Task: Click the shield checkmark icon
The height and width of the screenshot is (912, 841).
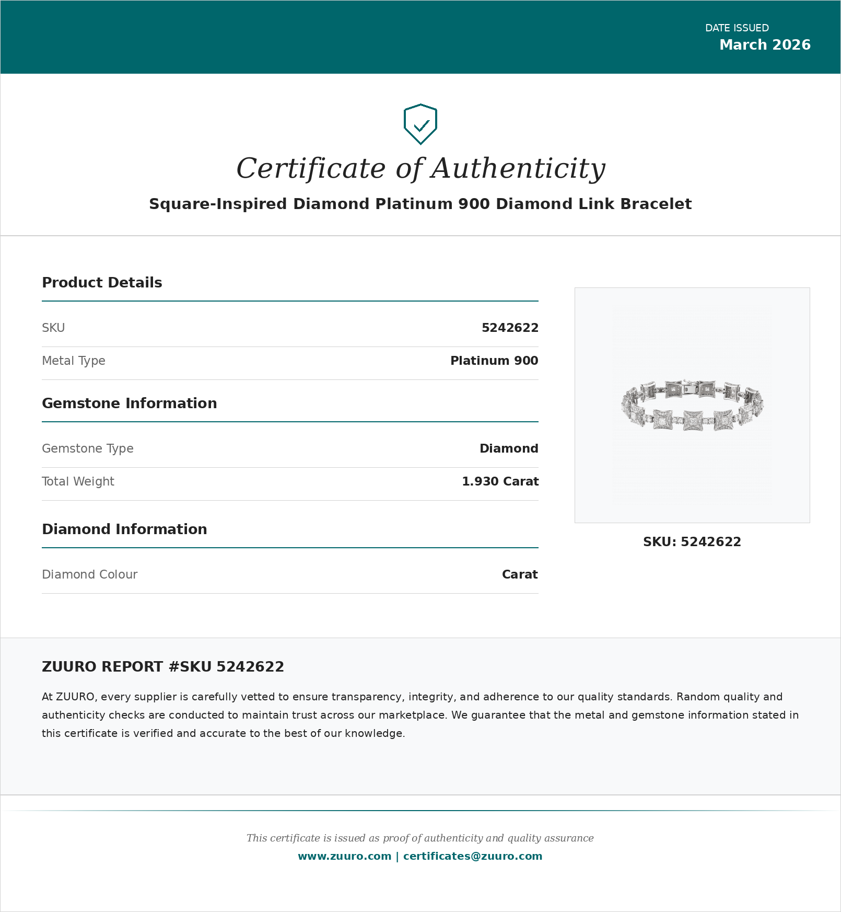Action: pos(420,124)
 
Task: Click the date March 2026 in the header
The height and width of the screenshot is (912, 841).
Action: pos(764,45)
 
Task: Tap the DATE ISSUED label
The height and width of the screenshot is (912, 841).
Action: pos(737,28)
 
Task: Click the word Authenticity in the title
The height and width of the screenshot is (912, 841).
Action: pos(518,169)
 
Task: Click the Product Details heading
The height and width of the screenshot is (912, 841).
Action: pos(102,283)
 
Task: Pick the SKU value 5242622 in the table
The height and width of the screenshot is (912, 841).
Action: pos(509,328)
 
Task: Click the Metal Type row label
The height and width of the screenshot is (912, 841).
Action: pos(74,361)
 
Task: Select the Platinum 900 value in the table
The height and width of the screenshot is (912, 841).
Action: pos(494,361)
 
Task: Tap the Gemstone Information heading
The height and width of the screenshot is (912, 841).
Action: pos(129,403)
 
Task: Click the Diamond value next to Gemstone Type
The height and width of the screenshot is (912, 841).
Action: pos(508,448)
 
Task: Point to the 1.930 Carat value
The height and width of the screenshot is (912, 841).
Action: pos(500,481)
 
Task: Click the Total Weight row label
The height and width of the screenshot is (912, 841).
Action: pos(78,481)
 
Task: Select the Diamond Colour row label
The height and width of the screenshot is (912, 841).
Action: pos(89,574)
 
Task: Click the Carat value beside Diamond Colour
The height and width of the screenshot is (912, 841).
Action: pos(519,574)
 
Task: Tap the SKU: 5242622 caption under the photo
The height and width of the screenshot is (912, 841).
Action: pos(692,542)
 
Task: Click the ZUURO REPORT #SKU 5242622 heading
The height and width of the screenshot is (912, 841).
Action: pos(163,667)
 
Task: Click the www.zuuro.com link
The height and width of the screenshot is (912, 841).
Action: pos(344,856)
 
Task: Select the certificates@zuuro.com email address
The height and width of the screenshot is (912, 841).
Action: pos(472,856)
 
